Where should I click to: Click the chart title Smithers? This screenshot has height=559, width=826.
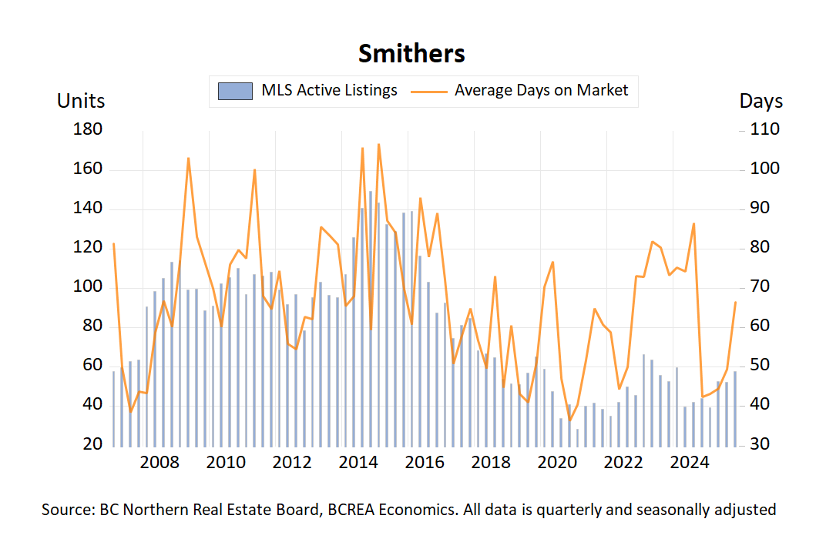pos(411,54)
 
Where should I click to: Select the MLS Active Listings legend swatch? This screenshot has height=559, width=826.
pos(236,91)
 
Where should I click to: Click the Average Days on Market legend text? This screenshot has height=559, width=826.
pos(541,90)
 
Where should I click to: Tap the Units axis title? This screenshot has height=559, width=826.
pos(81,101)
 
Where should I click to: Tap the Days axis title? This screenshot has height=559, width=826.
pos(761,101)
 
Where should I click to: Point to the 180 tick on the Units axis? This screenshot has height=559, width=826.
pos(88,130)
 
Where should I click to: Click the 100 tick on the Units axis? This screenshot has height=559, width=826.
pos(88,287)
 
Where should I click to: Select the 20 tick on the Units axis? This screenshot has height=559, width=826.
pos(92,445)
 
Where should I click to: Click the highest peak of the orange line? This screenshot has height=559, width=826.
pos(378,144)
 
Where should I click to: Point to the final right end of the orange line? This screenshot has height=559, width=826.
pos(735,303)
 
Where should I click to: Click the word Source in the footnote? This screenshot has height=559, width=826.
pos(65,510)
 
